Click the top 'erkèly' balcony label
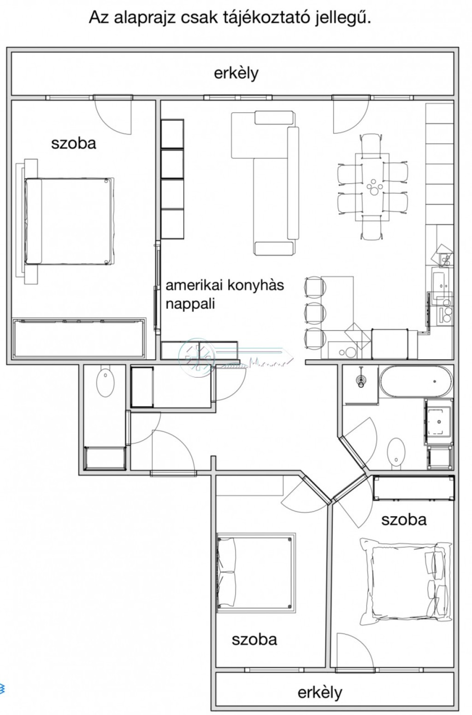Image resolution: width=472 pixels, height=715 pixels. [x=236, y=74]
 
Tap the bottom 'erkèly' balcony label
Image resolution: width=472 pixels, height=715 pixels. [x=320, y=692]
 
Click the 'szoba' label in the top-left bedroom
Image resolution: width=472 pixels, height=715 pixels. [x=73, y=143]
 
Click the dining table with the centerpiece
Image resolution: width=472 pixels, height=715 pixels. [x=372, y=187]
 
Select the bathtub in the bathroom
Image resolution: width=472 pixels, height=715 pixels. [x=416, y=382]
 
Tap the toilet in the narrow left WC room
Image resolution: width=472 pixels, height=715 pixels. [x=106, y=383]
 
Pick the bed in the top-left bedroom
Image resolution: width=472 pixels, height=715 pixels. [x=69, y=221]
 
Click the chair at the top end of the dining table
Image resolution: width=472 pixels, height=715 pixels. [x=372, y=144]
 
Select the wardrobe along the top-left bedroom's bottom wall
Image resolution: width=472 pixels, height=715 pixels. [x=79, y=338]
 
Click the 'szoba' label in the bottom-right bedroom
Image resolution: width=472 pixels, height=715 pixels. [x=404, y=520]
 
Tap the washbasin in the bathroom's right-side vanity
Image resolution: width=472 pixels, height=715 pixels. [x=438, y=421]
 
